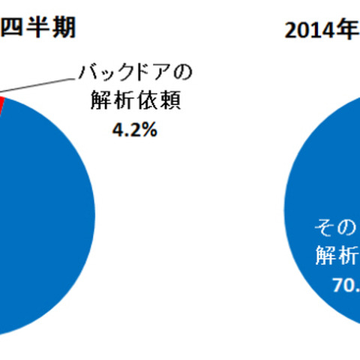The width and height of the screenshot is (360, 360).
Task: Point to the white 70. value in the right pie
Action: pyautogui.click(x=342, y=285)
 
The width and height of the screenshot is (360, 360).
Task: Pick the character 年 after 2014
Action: pyautogui.click(x=347, y=31)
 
